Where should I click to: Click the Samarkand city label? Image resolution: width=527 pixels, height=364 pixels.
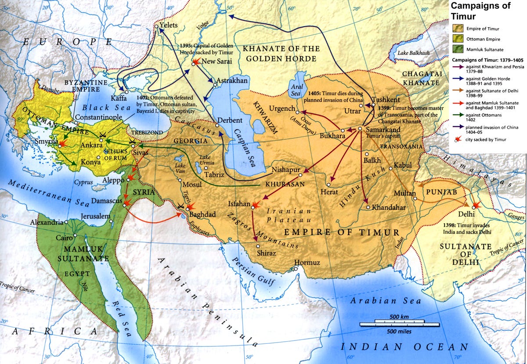[x=383, y=130]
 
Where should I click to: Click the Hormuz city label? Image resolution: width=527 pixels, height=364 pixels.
[x=307, y=263]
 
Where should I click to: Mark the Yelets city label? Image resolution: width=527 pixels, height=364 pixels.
[x=169, y=25]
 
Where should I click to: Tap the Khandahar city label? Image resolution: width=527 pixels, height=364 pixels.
[x=389, y=207]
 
